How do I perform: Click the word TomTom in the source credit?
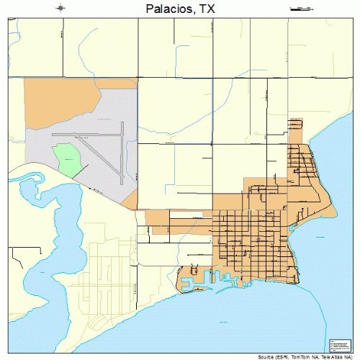[x=300, y=356]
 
